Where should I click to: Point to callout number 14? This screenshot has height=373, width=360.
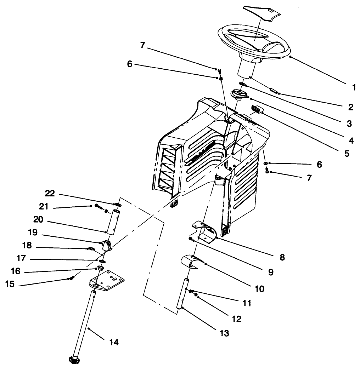(x=114, y=342)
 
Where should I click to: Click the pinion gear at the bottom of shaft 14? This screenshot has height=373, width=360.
(x=73, y=360)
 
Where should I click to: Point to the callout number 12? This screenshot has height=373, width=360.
(x=237, y=319)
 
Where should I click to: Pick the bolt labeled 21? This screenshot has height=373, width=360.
(x=98, y=206)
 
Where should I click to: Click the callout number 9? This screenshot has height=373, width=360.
(x=270, y=272)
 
